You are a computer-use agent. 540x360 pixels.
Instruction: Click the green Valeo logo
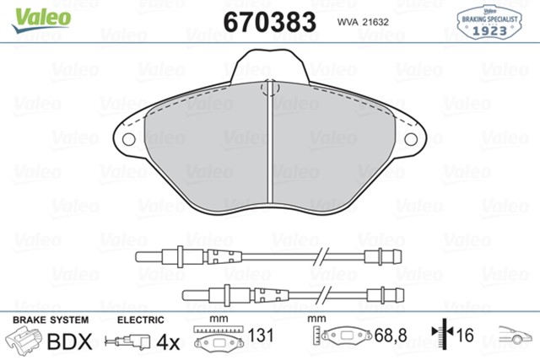click(41, 20)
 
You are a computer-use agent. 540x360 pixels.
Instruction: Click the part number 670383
click(270, 22)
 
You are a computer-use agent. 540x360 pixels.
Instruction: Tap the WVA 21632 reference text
click(363, 22)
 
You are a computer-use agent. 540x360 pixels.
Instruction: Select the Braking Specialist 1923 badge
click(489, 22)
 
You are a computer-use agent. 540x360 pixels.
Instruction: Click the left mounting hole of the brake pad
click(129, 139)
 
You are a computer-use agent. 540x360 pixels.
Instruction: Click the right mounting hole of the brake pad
click(411, 139)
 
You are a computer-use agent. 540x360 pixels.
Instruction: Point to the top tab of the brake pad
click(270, 66)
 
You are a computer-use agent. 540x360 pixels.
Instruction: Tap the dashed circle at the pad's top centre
click(270, 89)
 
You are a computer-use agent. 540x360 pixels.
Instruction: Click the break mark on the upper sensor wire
click(321, 257)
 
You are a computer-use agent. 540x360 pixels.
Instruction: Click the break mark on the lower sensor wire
click(324, 295)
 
